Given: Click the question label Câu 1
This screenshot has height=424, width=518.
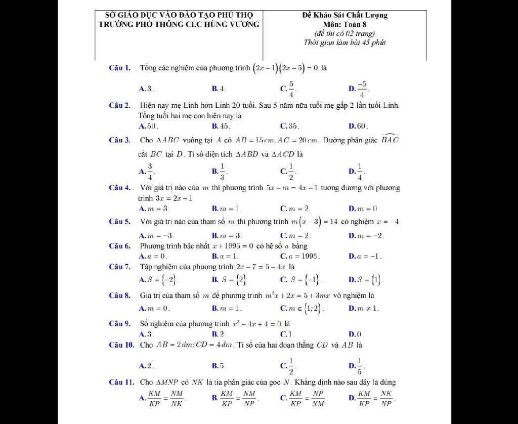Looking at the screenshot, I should coord(120,67).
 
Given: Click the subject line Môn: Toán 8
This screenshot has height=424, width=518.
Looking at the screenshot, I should coord(344,24).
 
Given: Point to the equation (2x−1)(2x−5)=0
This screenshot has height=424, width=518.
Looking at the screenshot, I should coord(285,68).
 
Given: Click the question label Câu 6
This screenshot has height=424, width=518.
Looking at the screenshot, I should coord(120,246).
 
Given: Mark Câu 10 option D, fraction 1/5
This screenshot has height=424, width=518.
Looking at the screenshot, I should coord(360,365).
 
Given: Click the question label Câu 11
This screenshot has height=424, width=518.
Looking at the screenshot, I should coord(121,382).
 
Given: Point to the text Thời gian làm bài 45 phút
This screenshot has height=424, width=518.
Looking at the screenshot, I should coord(344,43).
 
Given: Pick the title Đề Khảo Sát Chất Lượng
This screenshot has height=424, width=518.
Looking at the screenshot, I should coord(344,15).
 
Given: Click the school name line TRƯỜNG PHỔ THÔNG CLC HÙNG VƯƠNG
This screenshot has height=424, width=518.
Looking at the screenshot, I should coord(179,24).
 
